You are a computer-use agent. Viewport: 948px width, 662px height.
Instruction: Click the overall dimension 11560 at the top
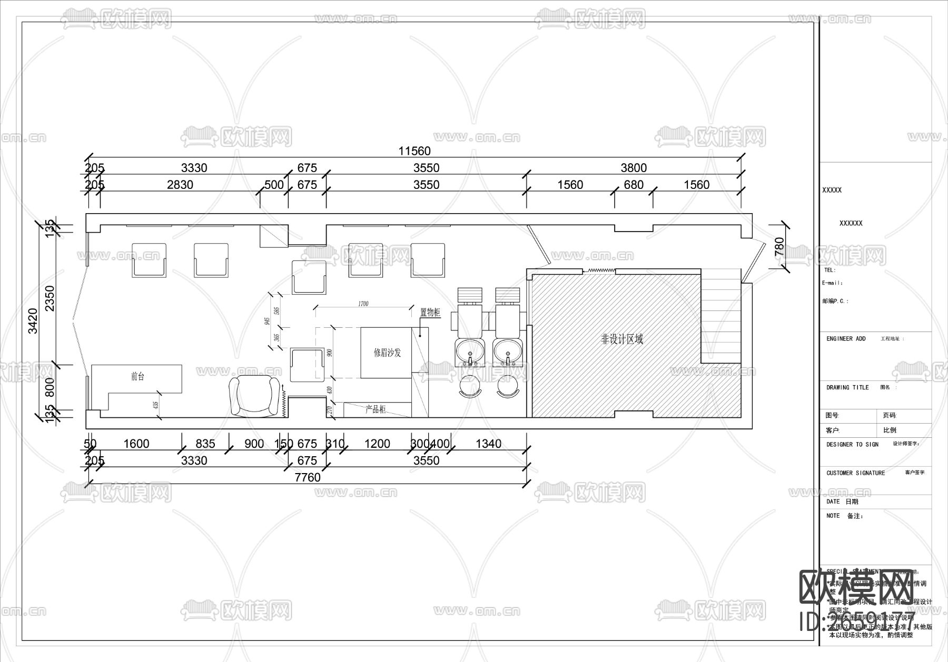click(x=414, y=151)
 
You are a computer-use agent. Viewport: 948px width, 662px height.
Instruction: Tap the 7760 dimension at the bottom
click(x=308, y=477)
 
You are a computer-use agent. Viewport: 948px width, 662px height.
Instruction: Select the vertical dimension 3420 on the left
click(x=33, y=320)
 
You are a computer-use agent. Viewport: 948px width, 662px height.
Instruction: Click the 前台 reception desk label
click(x=137, y=377)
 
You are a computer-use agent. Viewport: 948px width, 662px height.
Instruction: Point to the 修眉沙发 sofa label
click(x=387, y=353)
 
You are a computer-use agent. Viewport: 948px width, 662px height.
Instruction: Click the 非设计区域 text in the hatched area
click(x=622, y=339)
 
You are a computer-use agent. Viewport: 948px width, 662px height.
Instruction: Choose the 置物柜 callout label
click(x=430, y=312)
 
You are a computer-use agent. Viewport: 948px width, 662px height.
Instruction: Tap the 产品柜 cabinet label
click(x=376, y=409)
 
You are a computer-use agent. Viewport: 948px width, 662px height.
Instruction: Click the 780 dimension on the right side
click(x=779, y=247)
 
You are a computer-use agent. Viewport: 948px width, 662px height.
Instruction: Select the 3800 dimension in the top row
click(x=633, y=168)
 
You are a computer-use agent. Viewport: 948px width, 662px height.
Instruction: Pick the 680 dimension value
click(x=633, y=185)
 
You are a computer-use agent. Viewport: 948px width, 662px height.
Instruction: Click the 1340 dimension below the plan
click(x=488, y=444)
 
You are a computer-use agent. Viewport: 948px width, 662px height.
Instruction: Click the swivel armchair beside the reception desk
click(x=254, y=396)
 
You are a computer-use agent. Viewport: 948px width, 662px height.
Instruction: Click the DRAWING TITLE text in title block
click(x=847, y=388)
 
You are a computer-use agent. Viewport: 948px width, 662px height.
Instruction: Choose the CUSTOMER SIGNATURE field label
click(x=855, y=473)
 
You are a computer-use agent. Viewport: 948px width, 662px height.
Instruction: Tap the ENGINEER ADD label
click(x=846, y=339)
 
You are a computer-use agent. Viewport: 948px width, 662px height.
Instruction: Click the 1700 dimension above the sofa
click(x=363, y=304)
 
